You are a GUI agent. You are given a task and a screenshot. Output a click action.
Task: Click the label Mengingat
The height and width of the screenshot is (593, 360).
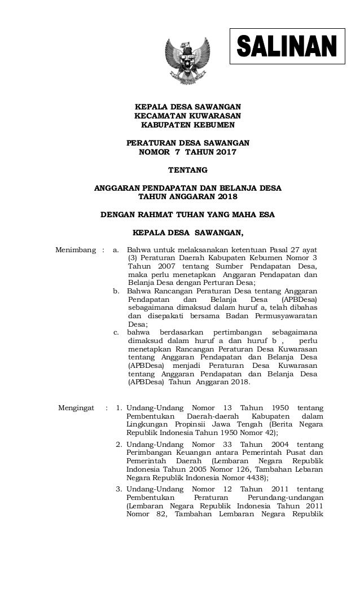pos(77,408)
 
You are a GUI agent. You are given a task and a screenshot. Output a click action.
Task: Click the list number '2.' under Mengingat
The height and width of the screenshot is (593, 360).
pos(119,445)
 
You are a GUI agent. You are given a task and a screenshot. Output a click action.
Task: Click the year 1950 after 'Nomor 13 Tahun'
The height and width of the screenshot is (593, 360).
pos(276,408)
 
